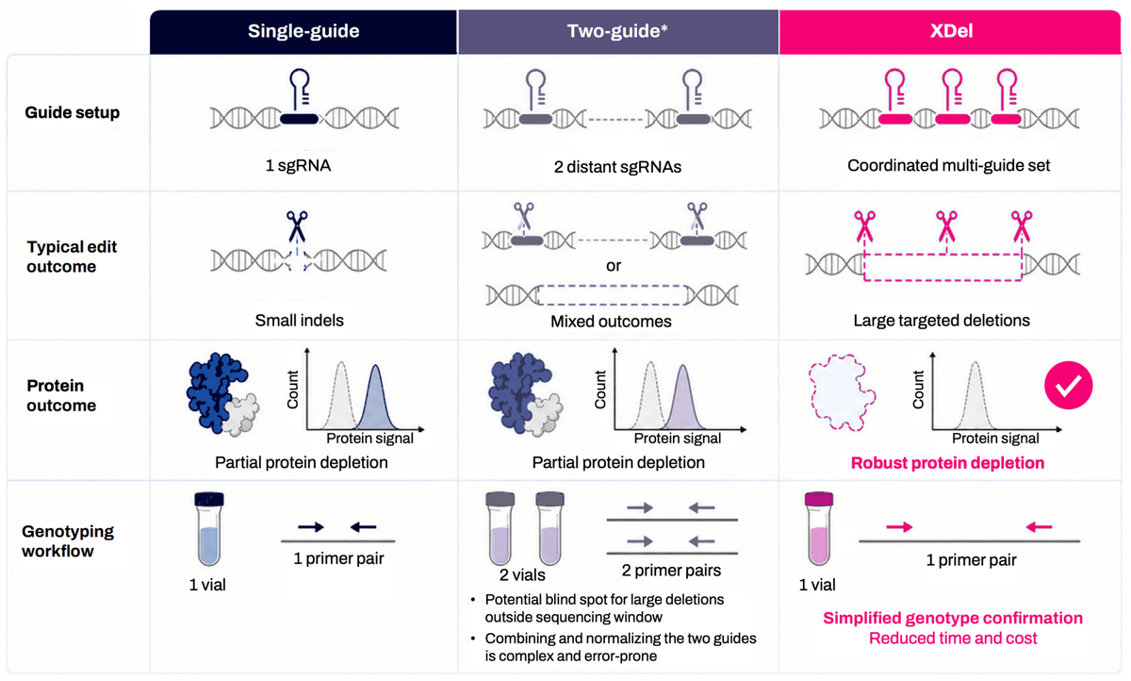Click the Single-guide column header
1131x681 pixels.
(x=303, y=31)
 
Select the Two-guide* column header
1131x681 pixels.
(x=617, y=31)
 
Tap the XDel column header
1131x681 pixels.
(x=951, y=31)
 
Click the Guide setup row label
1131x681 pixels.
(x=73, y=112)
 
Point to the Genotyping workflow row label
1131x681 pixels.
(x=68, y=541)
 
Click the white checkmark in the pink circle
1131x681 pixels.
(x=1069, y=386)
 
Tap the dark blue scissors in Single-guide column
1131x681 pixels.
(x=297, y=225)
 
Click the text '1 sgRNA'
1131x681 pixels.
(x=298, y=165)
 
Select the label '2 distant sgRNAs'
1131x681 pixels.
(x=617, y=167)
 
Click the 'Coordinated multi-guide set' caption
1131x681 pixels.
(x=948, y=165)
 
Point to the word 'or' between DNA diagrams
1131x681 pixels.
(x=614, y=266)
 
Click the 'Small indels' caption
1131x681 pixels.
(x=299, y=321)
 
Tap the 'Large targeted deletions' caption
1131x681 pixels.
(x=942, y=321)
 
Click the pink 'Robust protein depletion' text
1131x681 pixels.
(x=947, y=463)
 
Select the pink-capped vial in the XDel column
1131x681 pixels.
(x=818, y=528)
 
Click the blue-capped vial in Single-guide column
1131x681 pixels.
(x=209, y=528)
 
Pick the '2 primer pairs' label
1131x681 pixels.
(x=671, y=571)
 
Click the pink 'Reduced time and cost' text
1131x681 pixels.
(x=953, y=638)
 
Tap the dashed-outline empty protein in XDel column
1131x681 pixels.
(x=842, y=392)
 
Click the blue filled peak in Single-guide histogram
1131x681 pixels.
(x=375, y=399)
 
